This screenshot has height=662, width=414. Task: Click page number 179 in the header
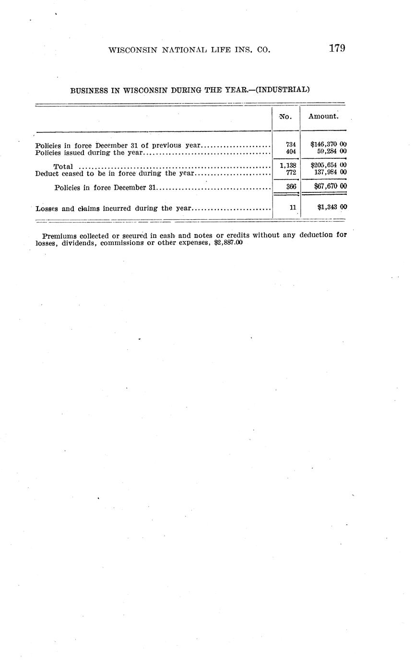coord(337,48)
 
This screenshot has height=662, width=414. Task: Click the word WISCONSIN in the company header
coord(131,50)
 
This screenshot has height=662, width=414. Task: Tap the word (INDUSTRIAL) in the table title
coord(283,90)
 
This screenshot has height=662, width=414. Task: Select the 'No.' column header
coord(285,117)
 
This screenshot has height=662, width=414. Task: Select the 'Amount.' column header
coord(323,116)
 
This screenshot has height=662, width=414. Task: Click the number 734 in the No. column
coord(291,144)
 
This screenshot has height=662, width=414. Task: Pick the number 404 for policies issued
coord(291,152)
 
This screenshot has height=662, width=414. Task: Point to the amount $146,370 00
coord(329,144)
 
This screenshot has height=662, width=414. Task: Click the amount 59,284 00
coord(331,152)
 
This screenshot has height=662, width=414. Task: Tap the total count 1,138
coord(288,165)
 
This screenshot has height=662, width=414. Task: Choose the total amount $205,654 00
coord(329,165)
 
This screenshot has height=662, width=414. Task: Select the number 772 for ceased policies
coord(291,172)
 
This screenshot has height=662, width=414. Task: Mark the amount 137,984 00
coord(330,172)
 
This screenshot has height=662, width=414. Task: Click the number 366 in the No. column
coord(291,187)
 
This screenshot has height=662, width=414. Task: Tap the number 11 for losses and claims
coord(293,208)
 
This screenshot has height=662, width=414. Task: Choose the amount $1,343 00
coord(332,208)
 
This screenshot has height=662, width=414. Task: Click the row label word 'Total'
coord(63,166)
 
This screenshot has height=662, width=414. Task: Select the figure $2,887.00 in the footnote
coord(228,243)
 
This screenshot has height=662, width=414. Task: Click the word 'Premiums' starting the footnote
coord(59,236)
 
